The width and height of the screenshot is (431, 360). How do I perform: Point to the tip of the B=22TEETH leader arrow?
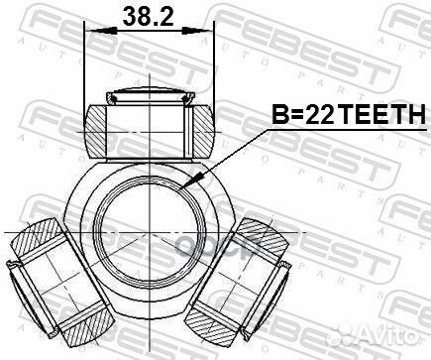point(186,185)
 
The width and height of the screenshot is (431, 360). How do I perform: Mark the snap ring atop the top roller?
point(150,96)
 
